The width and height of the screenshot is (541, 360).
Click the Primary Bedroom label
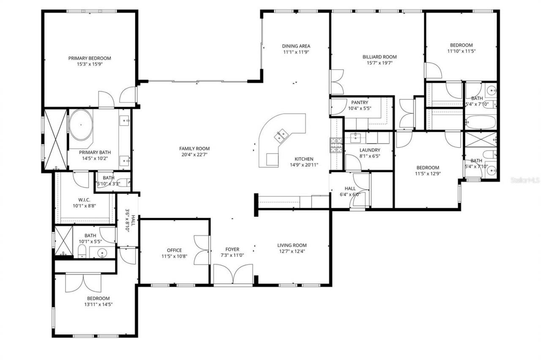[90, 58]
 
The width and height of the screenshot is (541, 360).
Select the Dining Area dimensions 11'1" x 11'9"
[296, 52]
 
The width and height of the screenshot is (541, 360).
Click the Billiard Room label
[380, 57]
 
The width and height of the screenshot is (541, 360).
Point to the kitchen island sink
[281, 136]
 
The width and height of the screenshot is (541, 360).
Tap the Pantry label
[359, 102]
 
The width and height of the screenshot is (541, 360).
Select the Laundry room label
[370, 150]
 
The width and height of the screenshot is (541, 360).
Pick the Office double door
[202, 250]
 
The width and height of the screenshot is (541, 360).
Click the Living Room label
[292, 245]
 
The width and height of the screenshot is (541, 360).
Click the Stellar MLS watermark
[525, 180]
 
